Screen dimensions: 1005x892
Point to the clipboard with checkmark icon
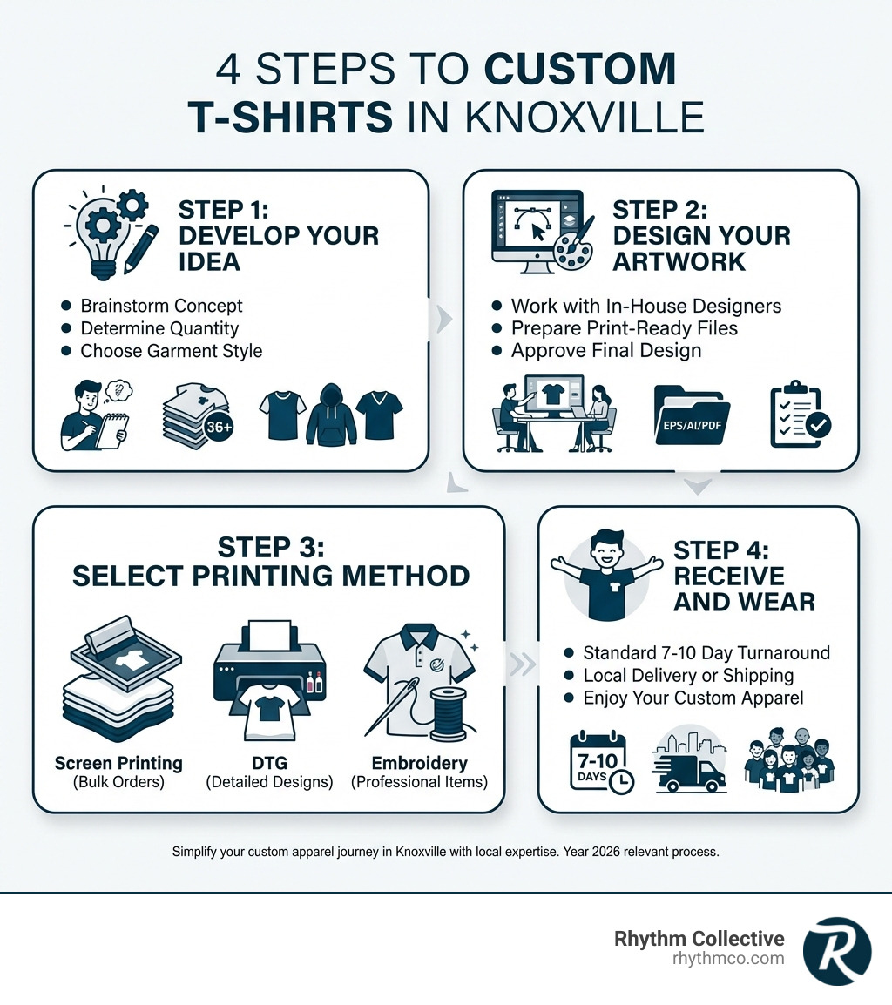pos(800,416)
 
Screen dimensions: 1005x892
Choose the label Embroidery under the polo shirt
pos(418,764)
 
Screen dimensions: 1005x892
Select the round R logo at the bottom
pos(836,950)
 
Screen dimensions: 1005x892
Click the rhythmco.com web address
pos(728,959)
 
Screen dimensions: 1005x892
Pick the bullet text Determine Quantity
pos(159,328)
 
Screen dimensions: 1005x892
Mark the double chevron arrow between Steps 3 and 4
pos(522,664)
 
